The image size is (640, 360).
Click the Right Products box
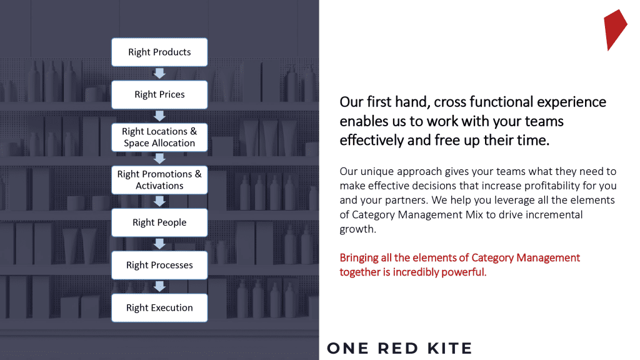159,52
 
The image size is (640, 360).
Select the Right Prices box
159,95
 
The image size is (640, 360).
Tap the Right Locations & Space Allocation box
159,137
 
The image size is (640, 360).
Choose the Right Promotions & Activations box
159,180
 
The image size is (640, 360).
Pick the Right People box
159,222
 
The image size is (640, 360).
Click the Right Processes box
159,265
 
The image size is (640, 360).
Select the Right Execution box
159,307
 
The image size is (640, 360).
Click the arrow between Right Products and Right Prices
159,74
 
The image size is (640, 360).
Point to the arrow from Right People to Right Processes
159,244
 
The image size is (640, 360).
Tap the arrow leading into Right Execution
159,286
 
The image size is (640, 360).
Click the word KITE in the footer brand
450,348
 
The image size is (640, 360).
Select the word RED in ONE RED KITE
398,348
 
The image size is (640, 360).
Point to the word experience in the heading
571,102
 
